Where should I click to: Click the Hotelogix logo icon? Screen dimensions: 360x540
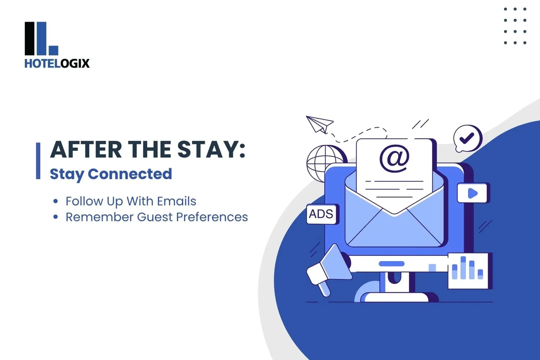(x=41, y=39)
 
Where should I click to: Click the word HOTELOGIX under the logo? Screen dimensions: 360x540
(x=57, y=64)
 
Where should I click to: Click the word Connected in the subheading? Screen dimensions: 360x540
(x=130, y=174)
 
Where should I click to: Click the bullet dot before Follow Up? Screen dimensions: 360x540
(x=55, y=201)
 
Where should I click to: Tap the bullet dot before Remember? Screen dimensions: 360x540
(x=55, y=217)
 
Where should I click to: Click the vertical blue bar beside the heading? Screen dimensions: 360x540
(x=38, y=161)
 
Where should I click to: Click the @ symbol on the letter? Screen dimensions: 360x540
(x=394, y=158)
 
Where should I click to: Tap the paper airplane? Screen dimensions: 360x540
(x=319, y=124)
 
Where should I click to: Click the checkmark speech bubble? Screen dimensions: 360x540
(x=467, y=138)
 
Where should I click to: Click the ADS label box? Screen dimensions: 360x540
(x=321, y=214)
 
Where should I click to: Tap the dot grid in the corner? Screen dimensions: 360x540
(x=515, y=26)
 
